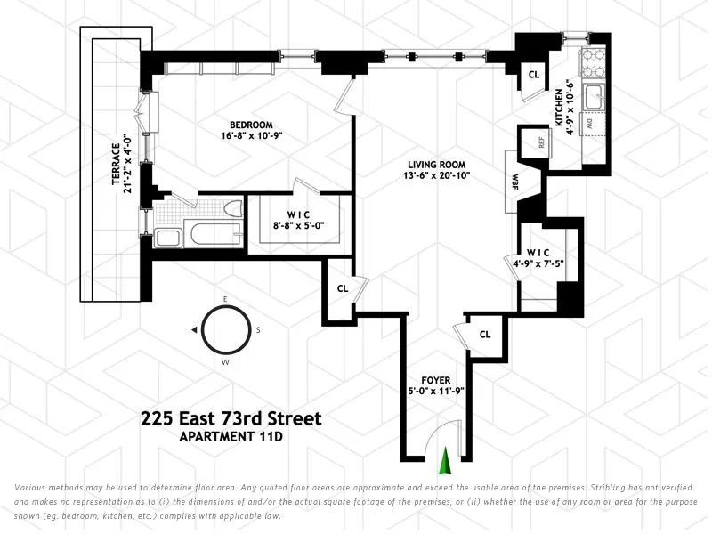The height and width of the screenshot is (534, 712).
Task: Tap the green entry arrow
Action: click(x=446, y=462)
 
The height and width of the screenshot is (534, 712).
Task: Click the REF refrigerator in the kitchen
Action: click(x=539, y=142)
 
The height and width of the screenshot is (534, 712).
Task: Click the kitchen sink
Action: click(x=595, y=95)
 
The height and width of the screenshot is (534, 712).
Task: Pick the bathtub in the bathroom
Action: click(x=210, y=237)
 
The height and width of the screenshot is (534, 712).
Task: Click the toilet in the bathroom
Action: click(x=233, y=211)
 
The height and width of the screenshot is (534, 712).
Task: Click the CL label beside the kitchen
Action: click(x=534, y=75)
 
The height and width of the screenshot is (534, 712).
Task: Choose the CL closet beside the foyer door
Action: click(x=485, y=335)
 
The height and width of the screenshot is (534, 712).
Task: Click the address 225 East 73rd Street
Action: click(x=231, y=418)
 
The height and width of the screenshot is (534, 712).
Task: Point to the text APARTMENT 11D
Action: click(x=231, y=437)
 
